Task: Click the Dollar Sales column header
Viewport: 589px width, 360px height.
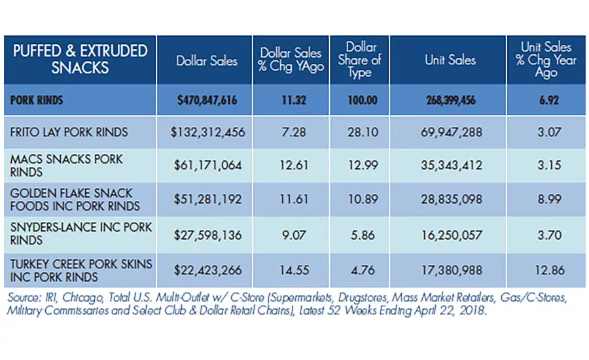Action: pyautogui.click(x=207, y=61)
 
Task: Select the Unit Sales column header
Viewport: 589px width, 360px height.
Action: pyautogui.click(x=450, y=60)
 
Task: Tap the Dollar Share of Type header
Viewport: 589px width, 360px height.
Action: pyautogui.click(x=359, y=60)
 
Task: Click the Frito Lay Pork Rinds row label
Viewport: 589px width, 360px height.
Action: pyautogui.click(x=69, y=132)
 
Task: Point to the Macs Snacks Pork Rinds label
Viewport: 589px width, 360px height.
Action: pyautogui.click(x=66, y=166)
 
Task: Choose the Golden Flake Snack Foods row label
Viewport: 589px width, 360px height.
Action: pyautogui.click(x=75, y=200)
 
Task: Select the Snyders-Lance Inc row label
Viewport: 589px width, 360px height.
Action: pyautogui.click(x=80, y=234)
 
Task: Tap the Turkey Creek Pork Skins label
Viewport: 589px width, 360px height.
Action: pyautogui.click(x=80, y=270)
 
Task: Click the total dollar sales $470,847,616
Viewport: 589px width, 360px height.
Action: pyautogui.click(x=207, y=100)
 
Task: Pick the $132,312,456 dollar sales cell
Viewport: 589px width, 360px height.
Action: pyautogui.click(x=207, y=132)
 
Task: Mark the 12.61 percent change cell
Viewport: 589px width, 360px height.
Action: pyautogui.click(x=294, y=166)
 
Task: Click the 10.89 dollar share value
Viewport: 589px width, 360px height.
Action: pyautogui.click(x=363, y=199)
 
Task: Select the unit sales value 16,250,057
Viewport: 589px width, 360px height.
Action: pyautogui.click(x=451, y=235)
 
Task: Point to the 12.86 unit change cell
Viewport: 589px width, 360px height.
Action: pyautogui.click(x=550, y=270)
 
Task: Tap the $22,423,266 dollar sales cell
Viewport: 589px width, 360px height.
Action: pyautogui.click(x=207, y=270)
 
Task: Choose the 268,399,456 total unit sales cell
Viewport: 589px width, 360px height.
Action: pyautogui.click(x=451, y=100)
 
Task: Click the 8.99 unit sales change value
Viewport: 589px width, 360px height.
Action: pyautogui.click(x=549, y=199)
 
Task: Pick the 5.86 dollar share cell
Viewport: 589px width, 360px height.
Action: pyautogui.click(x=363, y=235)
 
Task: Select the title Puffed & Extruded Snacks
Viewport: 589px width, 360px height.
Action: pyautogui.click(x=80, y=60)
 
